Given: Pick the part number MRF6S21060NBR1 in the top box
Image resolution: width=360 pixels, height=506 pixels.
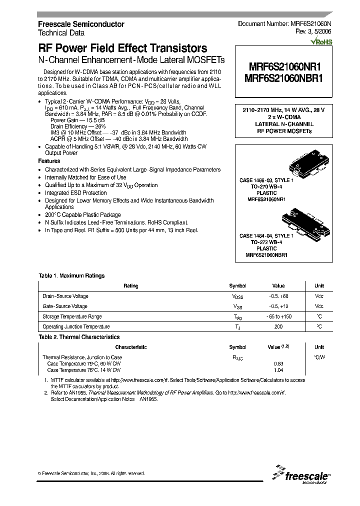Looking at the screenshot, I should tap(281, 78).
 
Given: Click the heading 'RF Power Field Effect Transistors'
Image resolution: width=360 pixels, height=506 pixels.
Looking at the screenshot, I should tap(122, 48).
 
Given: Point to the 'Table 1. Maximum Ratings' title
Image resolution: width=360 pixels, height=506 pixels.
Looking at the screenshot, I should tap(71, 275).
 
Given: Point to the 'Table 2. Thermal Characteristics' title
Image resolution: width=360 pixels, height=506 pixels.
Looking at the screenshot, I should tap(79, 337).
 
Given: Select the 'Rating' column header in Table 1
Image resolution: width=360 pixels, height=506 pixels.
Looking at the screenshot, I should tap(131, 286).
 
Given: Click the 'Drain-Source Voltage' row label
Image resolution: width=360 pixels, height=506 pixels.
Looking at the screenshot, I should tap(65, 296).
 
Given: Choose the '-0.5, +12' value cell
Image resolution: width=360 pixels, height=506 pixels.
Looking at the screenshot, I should tap(278, 306).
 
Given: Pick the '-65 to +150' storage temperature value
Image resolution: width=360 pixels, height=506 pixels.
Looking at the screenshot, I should tap(278, 316).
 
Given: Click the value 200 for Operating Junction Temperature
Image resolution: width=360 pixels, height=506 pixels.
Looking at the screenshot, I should tap(278, 326).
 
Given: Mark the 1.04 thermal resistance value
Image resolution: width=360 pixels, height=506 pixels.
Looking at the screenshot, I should tap(278, 370).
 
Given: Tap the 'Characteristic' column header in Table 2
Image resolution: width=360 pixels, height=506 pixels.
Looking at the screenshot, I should tap(131, 347).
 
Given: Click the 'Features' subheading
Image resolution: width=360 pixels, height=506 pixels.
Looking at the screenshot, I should tap(49, 161).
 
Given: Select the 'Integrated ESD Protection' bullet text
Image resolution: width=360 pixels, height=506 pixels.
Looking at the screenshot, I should tap(76, 192).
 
